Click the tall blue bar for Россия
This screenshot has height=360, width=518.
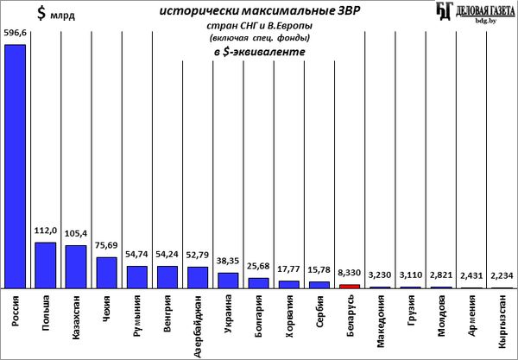(15, 167)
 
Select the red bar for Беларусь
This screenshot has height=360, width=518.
(350, 287)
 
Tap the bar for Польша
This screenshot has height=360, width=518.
(46, 265)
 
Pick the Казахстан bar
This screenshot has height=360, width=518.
(76, 267)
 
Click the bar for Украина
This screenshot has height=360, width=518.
(228, 281)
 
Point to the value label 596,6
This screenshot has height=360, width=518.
(15, 33)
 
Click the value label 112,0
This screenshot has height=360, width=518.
(46, 231)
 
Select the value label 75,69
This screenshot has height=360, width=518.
(106, 245)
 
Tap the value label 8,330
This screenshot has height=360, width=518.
(349, 273)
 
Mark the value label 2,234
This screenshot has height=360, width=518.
(502, 275)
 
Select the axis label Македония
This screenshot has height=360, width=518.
(380, 321)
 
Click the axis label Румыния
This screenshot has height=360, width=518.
(136, 316)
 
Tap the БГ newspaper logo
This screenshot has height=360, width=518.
(444, 11)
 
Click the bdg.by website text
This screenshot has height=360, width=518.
(485, 21)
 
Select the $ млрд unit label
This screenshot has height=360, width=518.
(56, 14)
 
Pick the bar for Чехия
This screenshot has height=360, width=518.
(106, 273)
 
